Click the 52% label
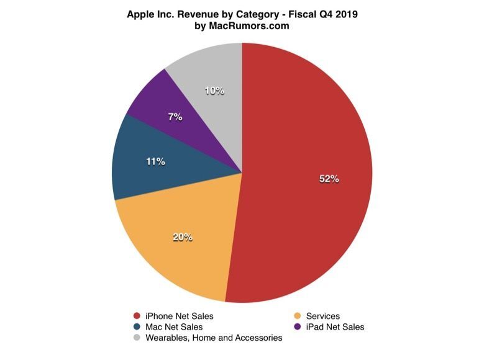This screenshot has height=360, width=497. (x=329, y=179)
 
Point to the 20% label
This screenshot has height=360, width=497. (x=183, y=236)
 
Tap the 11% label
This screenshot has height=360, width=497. (x=155, y=161)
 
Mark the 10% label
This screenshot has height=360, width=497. (x=214, y=91)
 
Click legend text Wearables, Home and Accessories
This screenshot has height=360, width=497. (x=214, y=338)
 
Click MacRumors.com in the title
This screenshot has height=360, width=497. (x=249, y=26)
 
